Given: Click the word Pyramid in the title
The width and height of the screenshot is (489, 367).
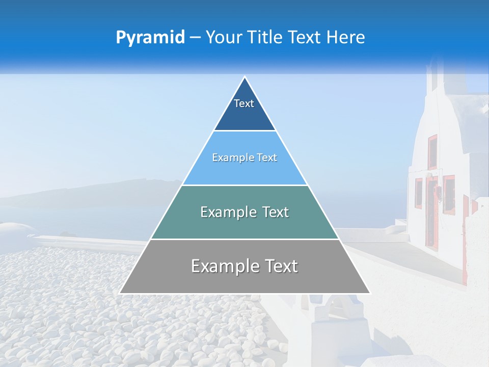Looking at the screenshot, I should (150, 38).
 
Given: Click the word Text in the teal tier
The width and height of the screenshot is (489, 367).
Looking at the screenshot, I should (273, 212).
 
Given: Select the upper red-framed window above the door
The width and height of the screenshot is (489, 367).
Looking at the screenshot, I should (432, 151).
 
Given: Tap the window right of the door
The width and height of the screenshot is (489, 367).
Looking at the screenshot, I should (449, 194).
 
